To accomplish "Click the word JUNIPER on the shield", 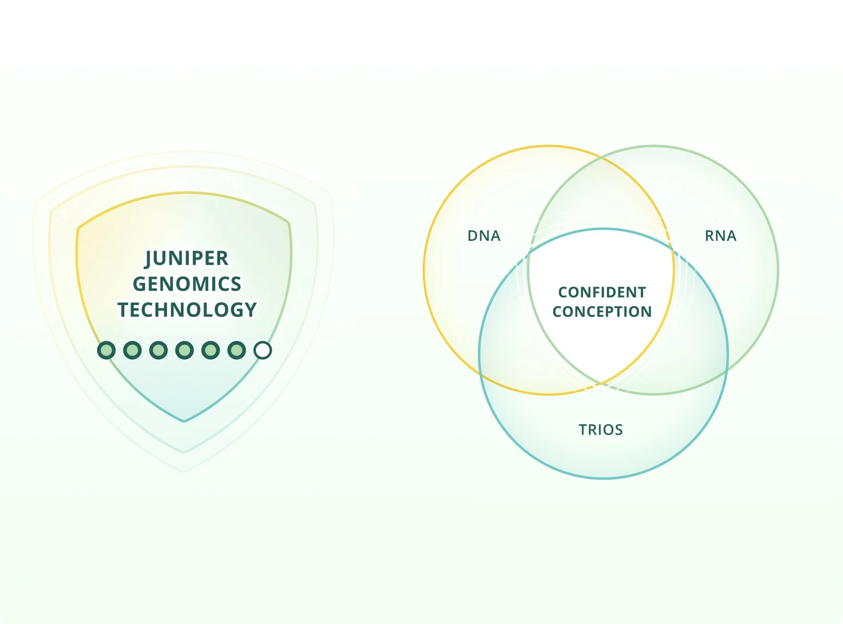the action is [x=187, y=258].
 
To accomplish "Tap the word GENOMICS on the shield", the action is [x=187, y=284].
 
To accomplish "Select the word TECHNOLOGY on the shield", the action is [x=187, y=310].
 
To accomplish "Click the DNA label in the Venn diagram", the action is [x=484, y=236].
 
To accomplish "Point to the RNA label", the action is [x=720, y=236].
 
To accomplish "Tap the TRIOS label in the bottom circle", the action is [x=601, y=430].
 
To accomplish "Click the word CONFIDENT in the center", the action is [x=602, y=292].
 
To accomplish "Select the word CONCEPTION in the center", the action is [x=602, y=312].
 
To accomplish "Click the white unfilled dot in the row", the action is [x=263, y=350].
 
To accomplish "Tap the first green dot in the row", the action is [x=106, y=350].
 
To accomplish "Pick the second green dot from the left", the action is [x=132, y=350].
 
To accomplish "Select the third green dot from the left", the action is [x=158, y=350].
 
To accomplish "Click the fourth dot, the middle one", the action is [x=185, y=350].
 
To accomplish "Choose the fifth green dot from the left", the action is [x=211, y=350].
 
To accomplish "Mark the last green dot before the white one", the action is [x=236, y=350].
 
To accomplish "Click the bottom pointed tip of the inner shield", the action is [x=184, y=420].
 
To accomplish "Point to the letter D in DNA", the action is [x=473, y=236].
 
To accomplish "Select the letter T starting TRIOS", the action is [x=583, y=430].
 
